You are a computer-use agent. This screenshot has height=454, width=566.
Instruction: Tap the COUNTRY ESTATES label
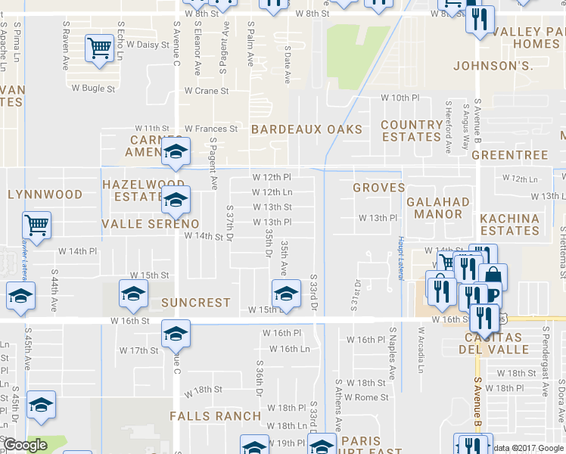coord(412,130)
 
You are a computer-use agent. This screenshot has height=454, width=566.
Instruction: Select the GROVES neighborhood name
coord(379,187)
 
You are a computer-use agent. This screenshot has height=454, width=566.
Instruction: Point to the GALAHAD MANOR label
coord(438,208)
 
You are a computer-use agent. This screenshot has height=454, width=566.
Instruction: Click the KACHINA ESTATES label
coord(509,224)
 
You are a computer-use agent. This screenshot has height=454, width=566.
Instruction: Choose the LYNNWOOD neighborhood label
coord(45,194)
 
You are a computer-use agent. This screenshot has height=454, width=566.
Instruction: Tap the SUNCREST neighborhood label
coord(195,303)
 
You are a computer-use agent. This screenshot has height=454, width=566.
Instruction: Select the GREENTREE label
coord(509,155)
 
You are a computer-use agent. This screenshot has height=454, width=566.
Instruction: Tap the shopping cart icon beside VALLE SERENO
coord(36,225)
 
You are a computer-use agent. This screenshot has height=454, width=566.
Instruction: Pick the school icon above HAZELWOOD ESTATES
coord(176,154)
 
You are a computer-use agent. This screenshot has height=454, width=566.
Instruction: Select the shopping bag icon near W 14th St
coord(493,275)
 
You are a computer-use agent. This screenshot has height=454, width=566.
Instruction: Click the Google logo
coord(25,446)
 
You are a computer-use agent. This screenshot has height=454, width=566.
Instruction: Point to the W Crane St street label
coord(207,91)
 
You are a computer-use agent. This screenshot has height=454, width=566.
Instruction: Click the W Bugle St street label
coord(93,89)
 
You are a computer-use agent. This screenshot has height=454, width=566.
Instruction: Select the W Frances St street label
coord(211,129)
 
